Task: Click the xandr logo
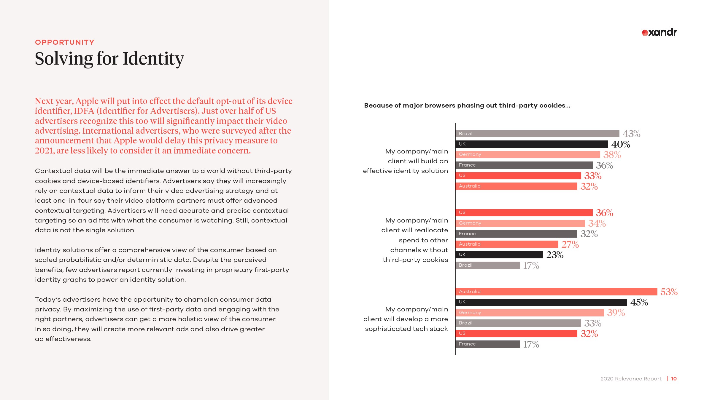(x=659, y=32)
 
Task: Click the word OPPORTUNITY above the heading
(x=65, y=42)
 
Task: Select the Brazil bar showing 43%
(x=537, y=134)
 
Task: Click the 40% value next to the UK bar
(x=621, y=144)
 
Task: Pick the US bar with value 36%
(x=524, y=212)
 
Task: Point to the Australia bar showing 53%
(x=556, y=292)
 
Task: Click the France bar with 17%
(x=488, y=344)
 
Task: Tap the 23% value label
(x=555, y=255)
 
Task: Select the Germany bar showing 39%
(x=530, y=313)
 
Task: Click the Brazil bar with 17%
(x=488, y=265)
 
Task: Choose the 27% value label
(x=570, y=244)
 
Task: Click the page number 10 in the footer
(x=674, y=379)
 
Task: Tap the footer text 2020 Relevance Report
(x=631, y=379)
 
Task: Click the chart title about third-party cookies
(x=467, y=105)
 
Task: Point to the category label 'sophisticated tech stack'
(x=406, y=329)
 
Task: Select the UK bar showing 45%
(x=541, y=302)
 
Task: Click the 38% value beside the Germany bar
(x=612, y=155)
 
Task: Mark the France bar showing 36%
(x=524, y=165)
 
